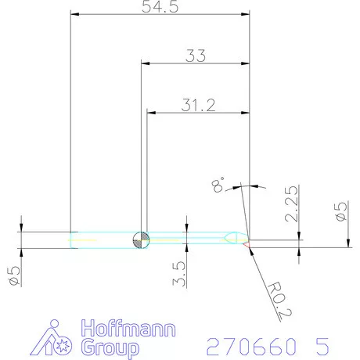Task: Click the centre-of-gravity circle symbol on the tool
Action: pyautogui.click(x=140, y=239)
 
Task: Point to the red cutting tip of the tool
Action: pyautogui.click(x=247, y=244)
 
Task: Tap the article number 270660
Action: pyautogui.click(x=245, y=344)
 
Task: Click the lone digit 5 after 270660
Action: pyautogui.click(x=323, y=344)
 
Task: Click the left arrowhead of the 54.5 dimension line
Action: pyautogui.click(x=74, y=14)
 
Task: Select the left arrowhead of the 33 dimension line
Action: pyautogui.click(x=145, y=63)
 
